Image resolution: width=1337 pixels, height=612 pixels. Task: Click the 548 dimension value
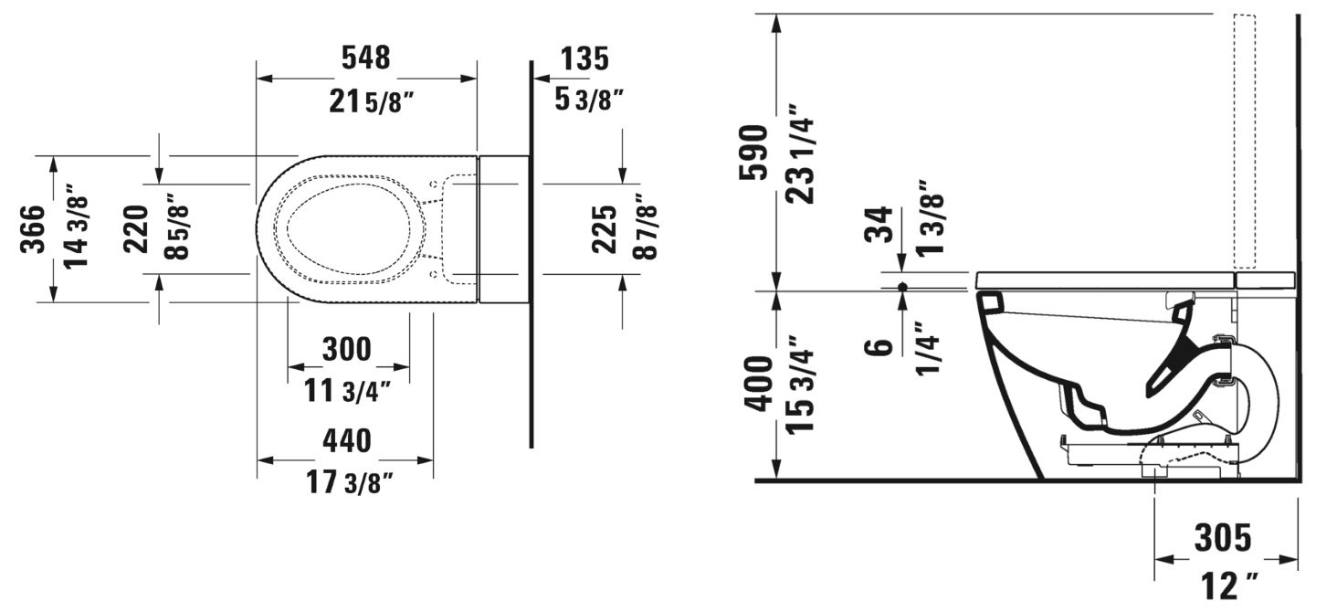365,58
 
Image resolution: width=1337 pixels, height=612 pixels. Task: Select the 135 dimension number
584,58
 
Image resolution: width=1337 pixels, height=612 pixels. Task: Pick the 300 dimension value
347,349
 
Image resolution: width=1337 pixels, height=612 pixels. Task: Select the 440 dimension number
347,441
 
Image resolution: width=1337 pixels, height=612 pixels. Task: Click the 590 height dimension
753,152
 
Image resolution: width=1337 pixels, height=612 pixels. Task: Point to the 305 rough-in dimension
1224,538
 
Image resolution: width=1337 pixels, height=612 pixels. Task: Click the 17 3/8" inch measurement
350,483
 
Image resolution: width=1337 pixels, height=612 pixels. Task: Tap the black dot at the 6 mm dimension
902,287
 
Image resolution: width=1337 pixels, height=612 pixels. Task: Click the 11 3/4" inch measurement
347,392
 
